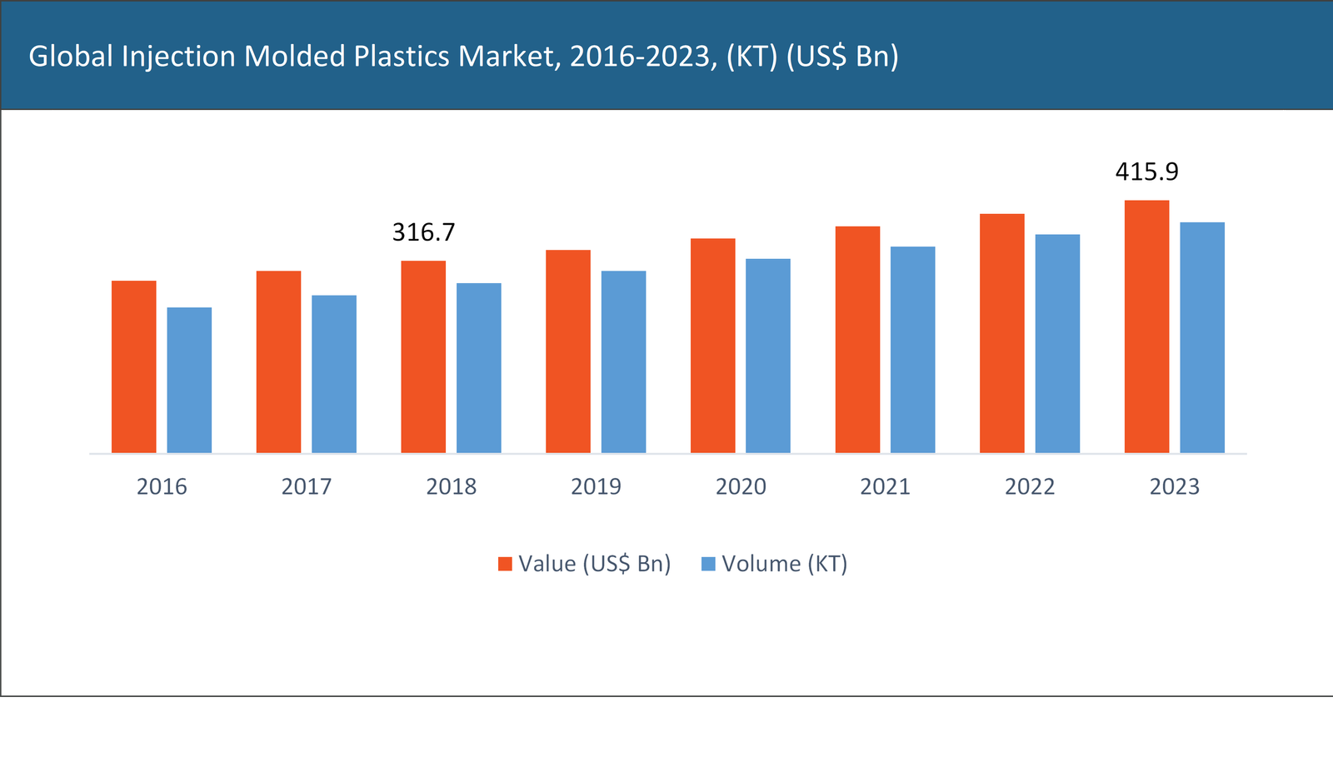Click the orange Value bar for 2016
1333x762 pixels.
pos(133,366)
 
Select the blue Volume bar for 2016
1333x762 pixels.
pos(189,380)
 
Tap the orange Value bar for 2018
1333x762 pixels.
pos(423,356)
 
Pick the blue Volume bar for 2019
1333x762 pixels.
pos(623,361)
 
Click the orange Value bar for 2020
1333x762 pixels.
pos(712,346)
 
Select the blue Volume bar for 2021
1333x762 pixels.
pos(912,350)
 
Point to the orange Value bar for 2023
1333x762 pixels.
pos(1146,326)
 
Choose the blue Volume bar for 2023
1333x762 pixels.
pos(1202,337)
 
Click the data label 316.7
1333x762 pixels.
pos(423,232)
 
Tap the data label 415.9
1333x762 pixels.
pos(1146,172)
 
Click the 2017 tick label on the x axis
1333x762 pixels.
pos(306,486)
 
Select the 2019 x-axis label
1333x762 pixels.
pos(596,486)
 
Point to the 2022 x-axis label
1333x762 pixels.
pos(1030,486)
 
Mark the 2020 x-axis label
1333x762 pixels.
pos(741,486)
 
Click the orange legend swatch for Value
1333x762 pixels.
pos(505,564)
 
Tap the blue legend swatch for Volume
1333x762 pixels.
pos(709,564)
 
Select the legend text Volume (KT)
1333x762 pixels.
pos(784,564)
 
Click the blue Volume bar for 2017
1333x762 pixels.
pos(334,374)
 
